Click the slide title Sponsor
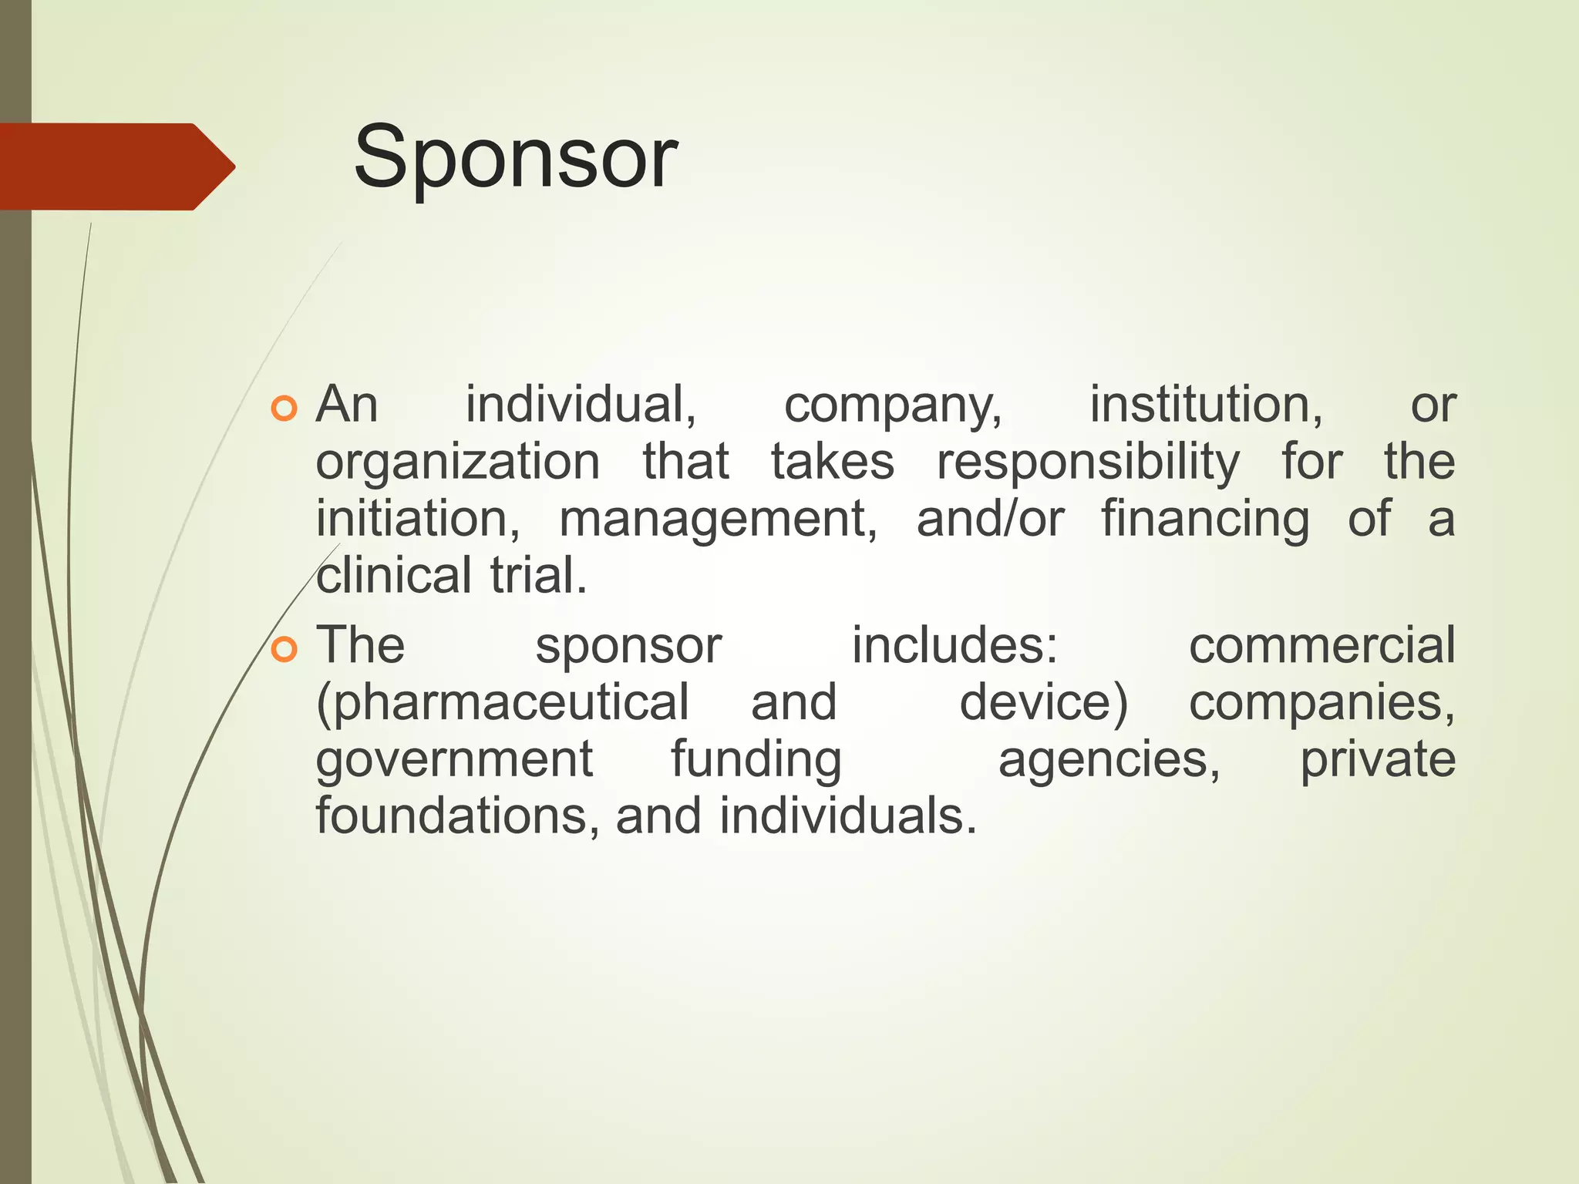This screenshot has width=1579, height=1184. pos(515,159)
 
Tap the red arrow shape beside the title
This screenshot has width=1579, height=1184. pos(116,166)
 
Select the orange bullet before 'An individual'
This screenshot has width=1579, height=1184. pos(284,409)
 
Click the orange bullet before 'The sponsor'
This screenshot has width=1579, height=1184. pos(284,650)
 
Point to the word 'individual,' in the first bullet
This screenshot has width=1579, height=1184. pos(581,405)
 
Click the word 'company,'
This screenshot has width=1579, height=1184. pos(893,406)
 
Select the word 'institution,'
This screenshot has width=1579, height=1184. pos(1206,405)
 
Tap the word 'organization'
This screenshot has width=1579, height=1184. pos(458,462)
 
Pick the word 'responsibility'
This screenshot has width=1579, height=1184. pos(1088,462)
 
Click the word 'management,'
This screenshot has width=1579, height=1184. pos(718,520)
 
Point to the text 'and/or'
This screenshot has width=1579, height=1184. pos(990,518)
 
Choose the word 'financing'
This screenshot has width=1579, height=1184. pos(1205,520)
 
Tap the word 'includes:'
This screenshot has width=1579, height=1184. pos(954,645)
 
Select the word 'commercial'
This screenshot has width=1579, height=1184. pos(1321,645)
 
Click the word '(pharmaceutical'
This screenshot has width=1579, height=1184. pos(503,702)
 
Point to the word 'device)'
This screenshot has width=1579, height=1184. pos(1043,702)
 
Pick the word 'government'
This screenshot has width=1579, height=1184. pos(455,759)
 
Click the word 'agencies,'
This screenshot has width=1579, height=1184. pos(1109,759)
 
